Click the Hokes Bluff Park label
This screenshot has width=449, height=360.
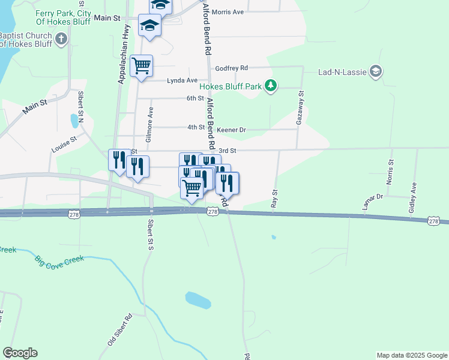pos(231,86)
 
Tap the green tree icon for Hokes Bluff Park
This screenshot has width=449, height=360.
pos(271,86)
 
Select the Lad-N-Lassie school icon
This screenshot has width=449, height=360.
pos(376,72)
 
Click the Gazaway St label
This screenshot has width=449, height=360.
pos(300,108)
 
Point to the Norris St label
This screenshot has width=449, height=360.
pos(391,170)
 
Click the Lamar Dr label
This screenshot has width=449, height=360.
pos(372,202)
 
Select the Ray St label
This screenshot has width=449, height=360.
pos(275,199)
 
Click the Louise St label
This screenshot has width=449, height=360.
pos(64,146)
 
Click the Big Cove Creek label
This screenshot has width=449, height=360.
pos(59,261)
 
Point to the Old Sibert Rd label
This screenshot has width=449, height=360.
pos(119,331)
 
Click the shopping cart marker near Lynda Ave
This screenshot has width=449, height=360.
pos(141,66)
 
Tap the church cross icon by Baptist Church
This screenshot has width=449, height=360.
pos(60,40)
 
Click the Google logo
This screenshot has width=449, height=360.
pos(20,353)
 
